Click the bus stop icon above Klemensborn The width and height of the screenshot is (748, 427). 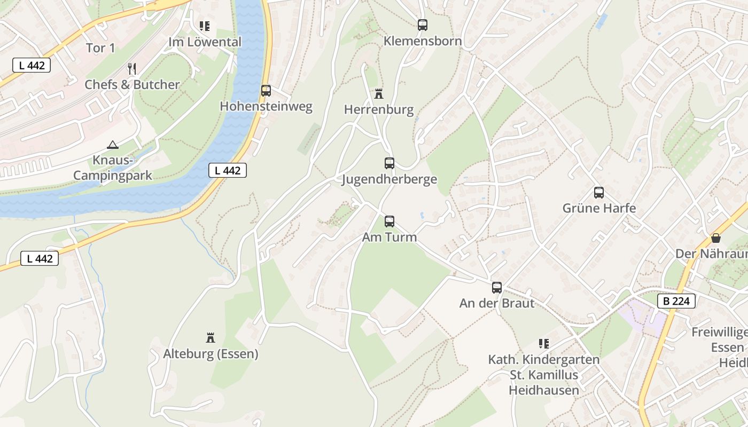pos(423,25)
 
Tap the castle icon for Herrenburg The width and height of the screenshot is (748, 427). pos(379,94)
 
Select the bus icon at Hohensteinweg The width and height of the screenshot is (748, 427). pos(266,90)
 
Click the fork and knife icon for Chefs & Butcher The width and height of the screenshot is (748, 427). pos(132,68)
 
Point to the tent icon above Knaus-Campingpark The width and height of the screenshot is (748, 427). pos(113,144)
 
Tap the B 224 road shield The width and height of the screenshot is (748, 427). pos(676,301)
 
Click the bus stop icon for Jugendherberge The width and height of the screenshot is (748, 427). pos(389,163)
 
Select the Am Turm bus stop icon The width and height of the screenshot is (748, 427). pos(389,221)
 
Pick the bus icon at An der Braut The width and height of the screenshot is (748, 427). pos(497,288)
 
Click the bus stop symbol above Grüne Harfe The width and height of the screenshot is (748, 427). pos(599,193)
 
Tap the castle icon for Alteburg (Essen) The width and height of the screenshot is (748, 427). pos(211,337)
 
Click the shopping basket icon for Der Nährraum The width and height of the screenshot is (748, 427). pos(715,238)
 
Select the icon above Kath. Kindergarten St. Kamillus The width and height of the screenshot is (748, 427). pos(544,343)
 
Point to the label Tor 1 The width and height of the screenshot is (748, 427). pos(100,48)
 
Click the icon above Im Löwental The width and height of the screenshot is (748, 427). pos(205,26)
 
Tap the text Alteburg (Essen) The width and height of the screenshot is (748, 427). pos(211,354)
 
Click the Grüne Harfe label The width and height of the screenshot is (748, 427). pos(599,208)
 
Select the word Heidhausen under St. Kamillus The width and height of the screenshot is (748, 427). pos(543,390)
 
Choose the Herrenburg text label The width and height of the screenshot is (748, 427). pos(379,110)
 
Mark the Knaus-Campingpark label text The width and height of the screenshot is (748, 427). pos(113,168)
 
